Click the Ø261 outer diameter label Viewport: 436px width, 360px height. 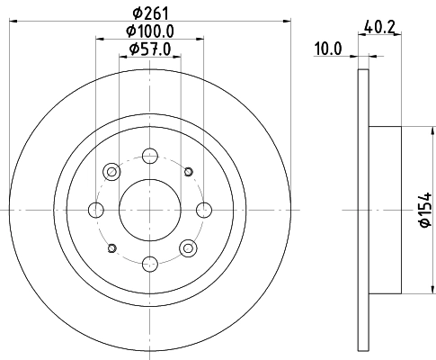(x=150, y=12)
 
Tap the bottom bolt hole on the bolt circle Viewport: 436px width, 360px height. (x=150, y=263)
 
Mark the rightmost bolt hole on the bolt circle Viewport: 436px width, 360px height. (x=203, y=210)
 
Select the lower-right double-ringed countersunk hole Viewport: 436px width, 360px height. (x=188, y=247)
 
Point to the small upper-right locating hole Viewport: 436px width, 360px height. (x=188, y=172)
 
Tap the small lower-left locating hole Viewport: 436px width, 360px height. (x=112, y=247)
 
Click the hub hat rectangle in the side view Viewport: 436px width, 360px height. (x=385, y=210)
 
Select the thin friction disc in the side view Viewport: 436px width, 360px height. (x=363, y=210)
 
